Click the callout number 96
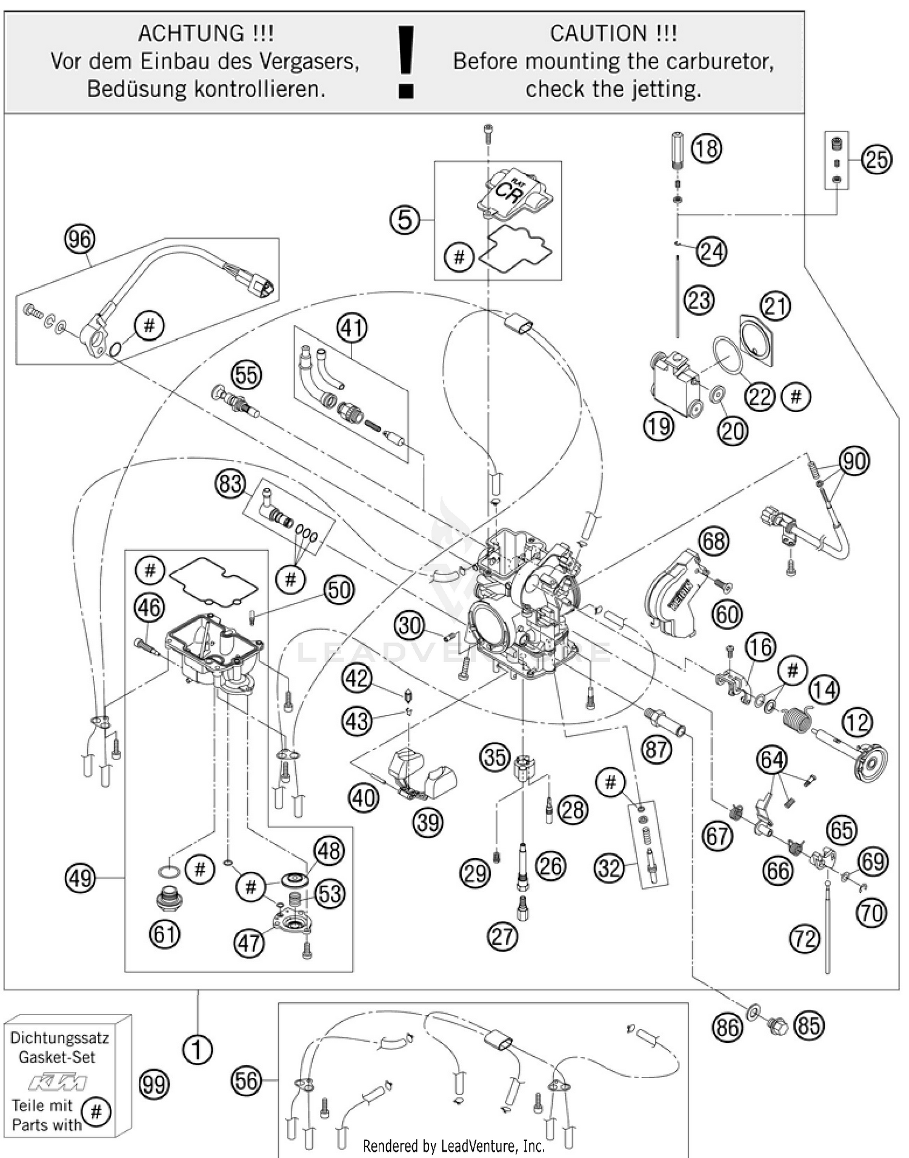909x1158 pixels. (79, 240)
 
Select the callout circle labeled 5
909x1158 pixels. (404, 219)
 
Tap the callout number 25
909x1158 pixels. (877, 160)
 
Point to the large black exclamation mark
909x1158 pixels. (405, 61)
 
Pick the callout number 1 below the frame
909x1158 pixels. (198, 1049)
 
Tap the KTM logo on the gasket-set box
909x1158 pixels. (59, 1082)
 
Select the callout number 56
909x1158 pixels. (246, 1081)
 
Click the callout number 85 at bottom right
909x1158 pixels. (808, 1026)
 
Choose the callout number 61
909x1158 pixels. (165, 934)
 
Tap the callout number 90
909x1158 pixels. (853, 462)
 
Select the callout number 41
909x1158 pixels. (352, 328)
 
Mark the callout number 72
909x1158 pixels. (805, 939)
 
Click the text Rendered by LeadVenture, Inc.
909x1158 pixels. (453, 1146)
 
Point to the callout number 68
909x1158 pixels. (713, 541)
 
